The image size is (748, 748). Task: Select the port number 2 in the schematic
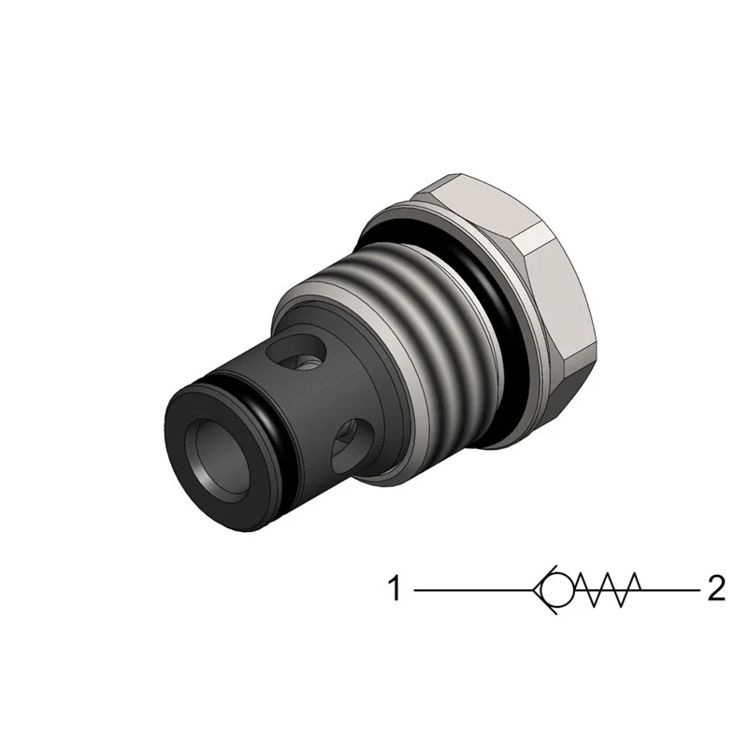(716, 590)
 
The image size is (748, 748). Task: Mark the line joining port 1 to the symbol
(472, 590)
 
